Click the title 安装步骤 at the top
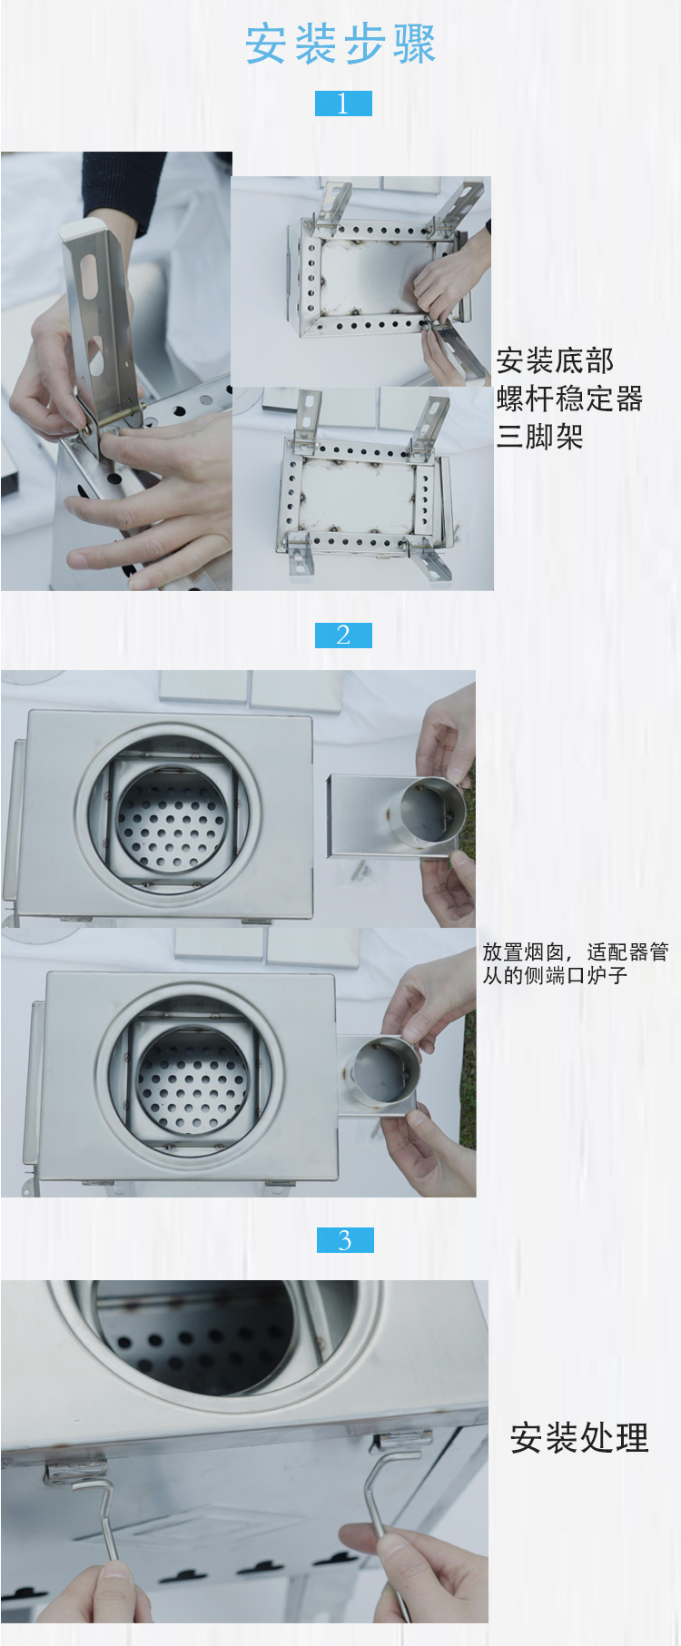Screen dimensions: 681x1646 coord(340,44)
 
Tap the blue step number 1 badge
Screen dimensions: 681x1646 coord(343,103)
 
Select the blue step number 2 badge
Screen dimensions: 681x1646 coord(343,635)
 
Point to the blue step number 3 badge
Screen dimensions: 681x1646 coord(345,1240)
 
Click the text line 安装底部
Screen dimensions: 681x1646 coord(555,360)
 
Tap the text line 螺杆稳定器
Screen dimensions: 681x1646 coord(570,399)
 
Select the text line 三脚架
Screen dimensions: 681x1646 coord(540,437)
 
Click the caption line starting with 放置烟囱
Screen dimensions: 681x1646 coord(576,951)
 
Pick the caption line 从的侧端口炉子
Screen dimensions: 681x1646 coord(555,975)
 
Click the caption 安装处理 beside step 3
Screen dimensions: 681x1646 coord(579,1438)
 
